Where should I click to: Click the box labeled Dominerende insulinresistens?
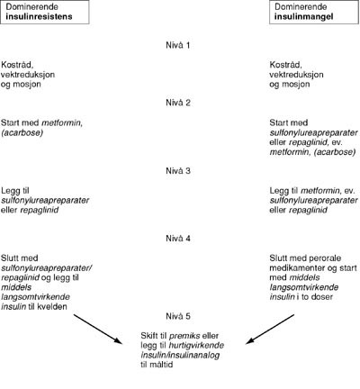(43, 11)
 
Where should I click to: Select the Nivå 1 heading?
(179, 43)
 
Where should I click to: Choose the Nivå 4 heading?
(179, 241)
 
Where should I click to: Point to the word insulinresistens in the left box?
(43, 16)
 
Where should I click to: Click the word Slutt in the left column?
(13, 258)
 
